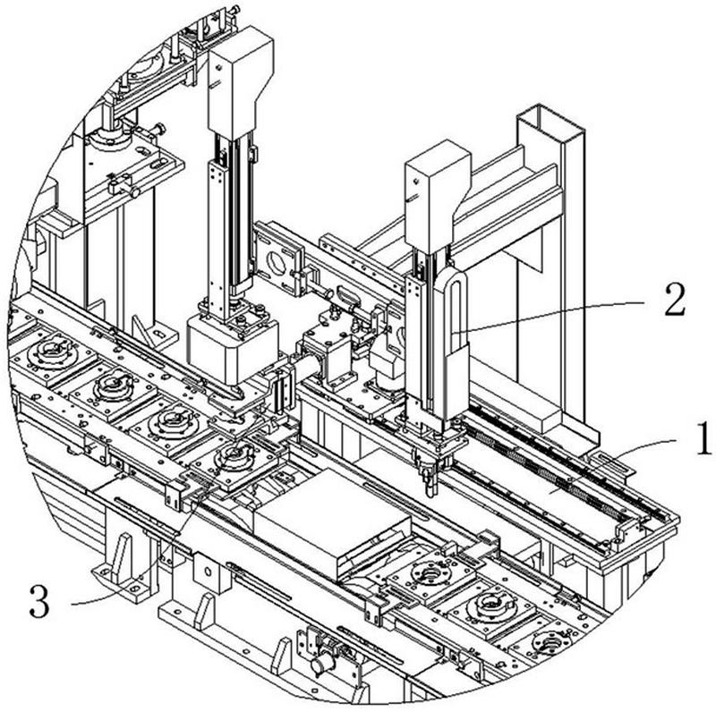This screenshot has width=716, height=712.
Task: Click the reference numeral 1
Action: (x=703, y=438)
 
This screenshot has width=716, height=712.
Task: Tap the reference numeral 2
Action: (x=675, y=300)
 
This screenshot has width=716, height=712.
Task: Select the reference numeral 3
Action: (x=39, y=602)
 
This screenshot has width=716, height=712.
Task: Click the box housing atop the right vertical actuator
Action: (x=438, y=195)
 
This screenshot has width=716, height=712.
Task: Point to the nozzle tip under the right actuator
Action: (x=430, y=492)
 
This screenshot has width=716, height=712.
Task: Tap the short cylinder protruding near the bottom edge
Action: (x=322, y=665)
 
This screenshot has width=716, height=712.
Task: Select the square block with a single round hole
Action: (x=208, y=572)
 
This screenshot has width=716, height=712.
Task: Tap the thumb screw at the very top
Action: (x=234, y=10)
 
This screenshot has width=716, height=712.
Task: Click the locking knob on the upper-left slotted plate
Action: (x=133, y=192)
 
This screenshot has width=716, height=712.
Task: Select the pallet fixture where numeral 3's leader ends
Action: (x=236, y=462)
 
